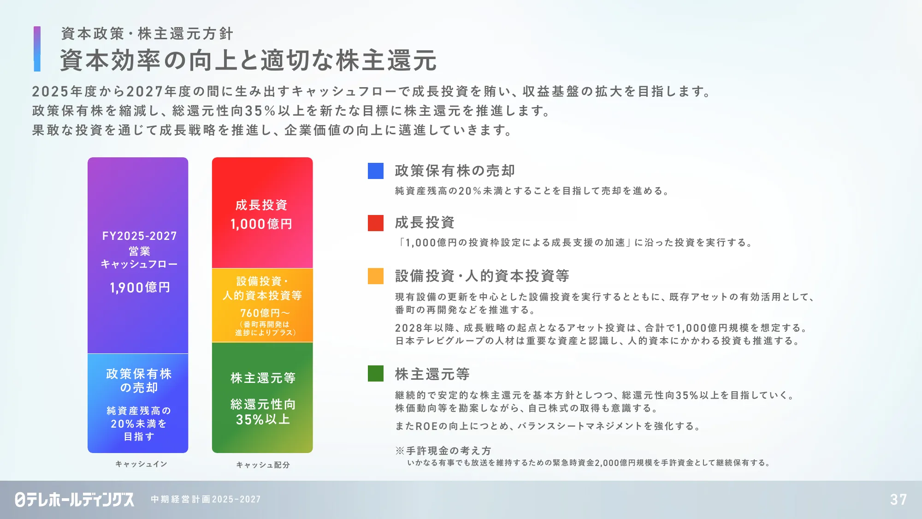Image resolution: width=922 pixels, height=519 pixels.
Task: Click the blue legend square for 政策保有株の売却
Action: point(376,171)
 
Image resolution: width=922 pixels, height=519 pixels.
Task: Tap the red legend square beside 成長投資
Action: point(376,223)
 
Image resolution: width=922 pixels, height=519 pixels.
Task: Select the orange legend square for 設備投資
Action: point(376,276)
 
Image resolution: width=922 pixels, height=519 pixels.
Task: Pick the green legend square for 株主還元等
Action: point(376,374)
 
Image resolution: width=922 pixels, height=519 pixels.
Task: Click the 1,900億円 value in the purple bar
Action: point(140,287)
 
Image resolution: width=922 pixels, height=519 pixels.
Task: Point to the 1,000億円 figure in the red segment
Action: point(261,224)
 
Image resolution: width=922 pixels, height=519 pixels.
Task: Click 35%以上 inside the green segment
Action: point(263,419)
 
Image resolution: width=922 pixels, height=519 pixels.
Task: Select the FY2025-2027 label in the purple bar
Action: point(140,236)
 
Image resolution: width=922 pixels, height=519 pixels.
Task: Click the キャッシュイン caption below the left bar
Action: point(141,464)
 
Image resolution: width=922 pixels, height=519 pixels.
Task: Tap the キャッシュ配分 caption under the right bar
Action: point(263,465)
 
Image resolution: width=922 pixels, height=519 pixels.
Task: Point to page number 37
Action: point(898,500)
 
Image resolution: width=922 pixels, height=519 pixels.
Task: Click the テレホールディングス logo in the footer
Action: point(75,499)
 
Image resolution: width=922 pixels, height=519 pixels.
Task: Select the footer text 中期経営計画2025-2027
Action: point(206,499)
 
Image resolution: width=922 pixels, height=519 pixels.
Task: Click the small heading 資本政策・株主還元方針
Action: point(147,34)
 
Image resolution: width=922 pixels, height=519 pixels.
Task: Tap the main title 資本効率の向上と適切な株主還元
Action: point(248,60)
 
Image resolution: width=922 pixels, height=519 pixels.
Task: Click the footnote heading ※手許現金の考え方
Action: point(443,451)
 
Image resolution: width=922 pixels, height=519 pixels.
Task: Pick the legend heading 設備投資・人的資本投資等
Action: point(482,276)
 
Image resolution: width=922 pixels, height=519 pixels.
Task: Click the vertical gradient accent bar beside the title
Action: point(37,49)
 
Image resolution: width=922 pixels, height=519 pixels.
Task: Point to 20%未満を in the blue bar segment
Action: point(139,424)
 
